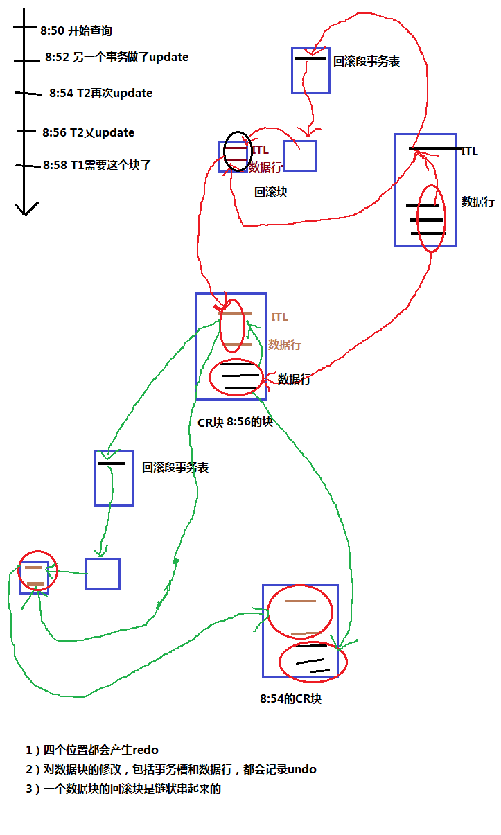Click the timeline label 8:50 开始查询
coord(76,30)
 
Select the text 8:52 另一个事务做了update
coord(116,58)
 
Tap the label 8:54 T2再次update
coord(100,93)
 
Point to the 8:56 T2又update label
coord(88,132)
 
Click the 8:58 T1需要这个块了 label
coord(97,165)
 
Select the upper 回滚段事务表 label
coord(366,62)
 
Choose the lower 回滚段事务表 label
coord(175,468)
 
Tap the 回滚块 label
coord(270,192)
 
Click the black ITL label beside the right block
coord(469,151)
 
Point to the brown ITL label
coord(279,317)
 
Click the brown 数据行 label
coord(284,344)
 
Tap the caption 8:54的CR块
coord(290,698)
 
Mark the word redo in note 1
coord(146,750)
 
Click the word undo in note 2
coord(301,769)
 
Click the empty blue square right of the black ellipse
coord(299,156)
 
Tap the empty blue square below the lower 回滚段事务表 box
coord(103,574)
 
